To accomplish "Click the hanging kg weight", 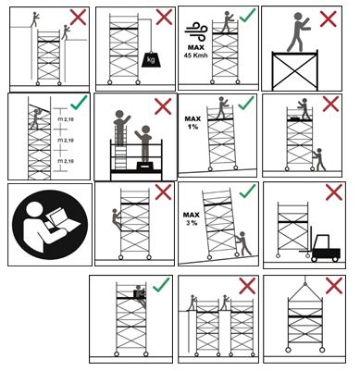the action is [x=151, y=59].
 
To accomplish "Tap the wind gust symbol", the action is [x=195, y=31].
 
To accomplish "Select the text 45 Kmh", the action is [x=195, y=56].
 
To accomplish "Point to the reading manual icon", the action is [x=50, y=225].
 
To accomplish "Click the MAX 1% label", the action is [x=192, y=122].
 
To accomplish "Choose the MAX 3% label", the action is [x=192, y=218].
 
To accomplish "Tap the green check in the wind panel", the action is [x=247, y=15].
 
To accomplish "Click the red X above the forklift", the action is [x=334, y=192].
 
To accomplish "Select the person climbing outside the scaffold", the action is [x=117, y=219].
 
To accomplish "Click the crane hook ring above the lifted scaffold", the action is [x=305, y=284].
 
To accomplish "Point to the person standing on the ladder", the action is [x=121, y=128].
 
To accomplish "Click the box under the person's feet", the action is [x=145, y=167].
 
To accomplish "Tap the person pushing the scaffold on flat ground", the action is [x=319, y=159].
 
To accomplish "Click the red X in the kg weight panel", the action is [x=164, y=17].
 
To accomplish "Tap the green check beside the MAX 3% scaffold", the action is [x=248, y=192].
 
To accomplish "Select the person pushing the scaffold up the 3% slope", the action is [x=242, y=243].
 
